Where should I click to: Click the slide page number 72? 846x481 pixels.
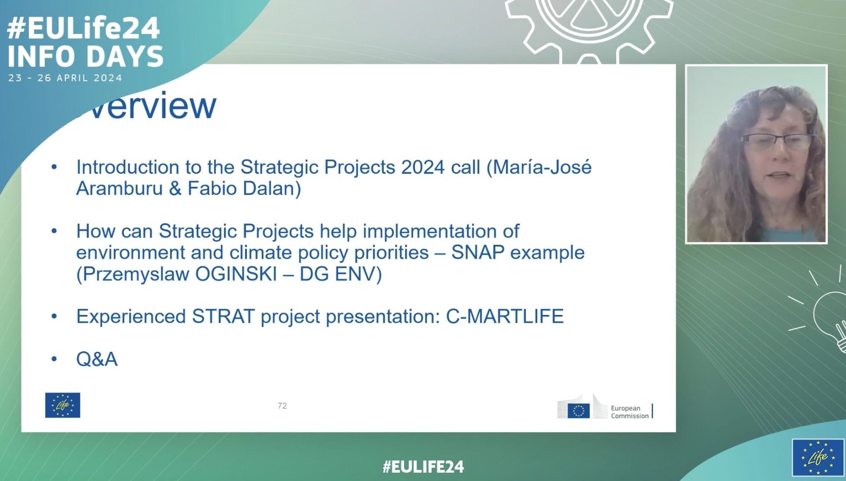282,405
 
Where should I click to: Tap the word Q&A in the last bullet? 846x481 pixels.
97,359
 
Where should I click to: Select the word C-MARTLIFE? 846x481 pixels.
505,316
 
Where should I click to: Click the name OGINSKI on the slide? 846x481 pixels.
236,274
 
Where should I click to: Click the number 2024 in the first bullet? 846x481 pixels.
423,168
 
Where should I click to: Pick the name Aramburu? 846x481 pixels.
119,189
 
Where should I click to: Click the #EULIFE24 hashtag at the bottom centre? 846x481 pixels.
423,466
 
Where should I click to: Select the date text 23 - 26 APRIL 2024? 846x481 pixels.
65,78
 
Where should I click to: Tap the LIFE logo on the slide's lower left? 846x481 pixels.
62,405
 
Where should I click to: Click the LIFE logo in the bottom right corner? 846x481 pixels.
818,457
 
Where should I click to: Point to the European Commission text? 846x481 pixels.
629,412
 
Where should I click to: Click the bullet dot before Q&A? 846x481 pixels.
54,359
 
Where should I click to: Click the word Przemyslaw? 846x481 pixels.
133,274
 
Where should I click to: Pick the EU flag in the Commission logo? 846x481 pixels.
578,410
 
